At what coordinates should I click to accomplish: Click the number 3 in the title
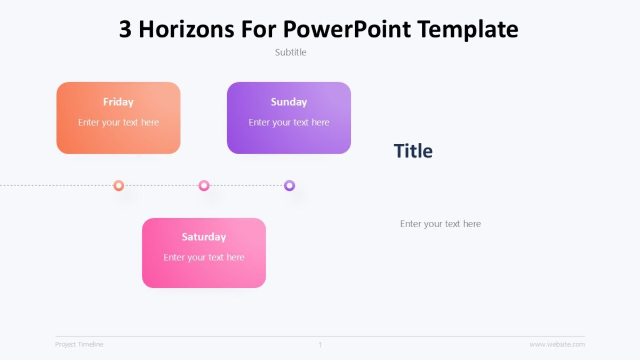click(125, 29)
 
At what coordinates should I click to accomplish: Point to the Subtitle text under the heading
click(291, 52)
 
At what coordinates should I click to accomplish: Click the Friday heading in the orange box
click(118, 102)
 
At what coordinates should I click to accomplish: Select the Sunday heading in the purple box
click(289, 102)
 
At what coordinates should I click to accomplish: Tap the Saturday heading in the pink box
click(204, 237)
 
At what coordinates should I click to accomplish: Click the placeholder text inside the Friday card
click(118, 122)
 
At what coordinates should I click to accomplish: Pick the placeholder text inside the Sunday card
click(289, 122)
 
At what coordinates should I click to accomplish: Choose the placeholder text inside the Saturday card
click(204, 257)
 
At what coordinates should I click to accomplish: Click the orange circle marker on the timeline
click(119, 186)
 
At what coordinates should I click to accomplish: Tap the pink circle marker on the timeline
click(204, 186)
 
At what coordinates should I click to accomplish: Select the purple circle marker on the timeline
click(289, 186)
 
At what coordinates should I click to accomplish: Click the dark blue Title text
click(413, 151)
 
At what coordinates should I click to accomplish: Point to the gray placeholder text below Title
click(440, 224)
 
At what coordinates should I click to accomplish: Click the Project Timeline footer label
click(79, 345)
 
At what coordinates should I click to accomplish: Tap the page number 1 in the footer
click(320, 345)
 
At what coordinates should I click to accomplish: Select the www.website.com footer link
click(557, 345)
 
